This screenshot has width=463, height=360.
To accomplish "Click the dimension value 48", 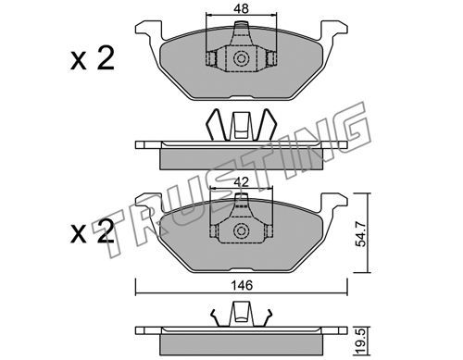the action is pos(241,8).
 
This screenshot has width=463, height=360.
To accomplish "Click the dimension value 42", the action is pos(241,182).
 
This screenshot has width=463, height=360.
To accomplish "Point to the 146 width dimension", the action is pos(243,285).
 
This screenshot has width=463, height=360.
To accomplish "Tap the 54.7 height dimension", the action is pos(361,234).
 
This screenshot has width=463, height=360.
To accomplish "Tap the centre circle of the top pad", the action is pos(241,59).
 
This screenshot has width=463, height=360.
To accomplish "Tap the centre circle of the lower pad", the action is pos(241,231).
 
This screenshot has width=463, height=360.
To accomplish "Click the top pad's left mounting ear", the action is pos(148,30).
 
